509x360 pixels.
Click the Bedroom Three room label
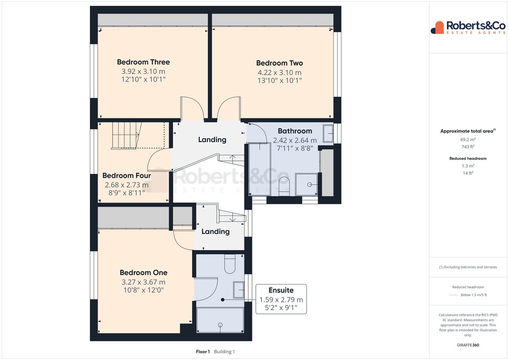[x=143, y=62]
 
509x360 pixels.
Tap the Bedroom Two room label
[x=280, y=63]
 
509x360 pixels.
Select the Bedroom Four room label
[x=126, y=176]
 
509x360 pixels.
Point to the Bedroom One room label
[x=143, y=273]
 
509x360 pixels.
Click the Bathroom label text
[x=295, y=131]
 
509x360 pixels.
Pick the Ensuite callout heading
[x=281, y=290]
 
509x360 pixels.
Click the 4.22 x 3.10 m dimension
[x=280, y=73]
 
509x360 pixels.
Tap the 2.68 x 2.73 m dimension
[x=126, y=185]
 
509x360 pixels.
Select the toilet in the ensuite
[x=229, y=264]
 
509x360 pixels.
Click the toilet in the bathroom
[x=284, y=186]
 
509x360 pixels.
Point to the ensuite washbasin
[x=239, y=290]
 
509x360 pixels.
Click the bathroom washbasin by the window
[x=328, y=133]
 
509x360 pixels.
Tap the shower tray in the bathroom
[x=307, y=184]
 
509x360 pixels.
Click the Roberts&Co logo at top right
[x=468, y=28]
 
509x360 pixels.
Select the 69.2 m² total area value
[x=468, y=140]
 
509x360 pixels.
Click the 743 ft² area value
[x=468, y=147]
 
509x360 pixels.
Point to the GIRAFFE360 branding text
[x=468, y=345]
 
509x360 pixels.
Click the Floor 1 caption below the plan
[x=203, y=352]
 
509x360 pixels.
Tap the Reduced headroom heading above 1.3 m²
[x=468, y=159]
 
